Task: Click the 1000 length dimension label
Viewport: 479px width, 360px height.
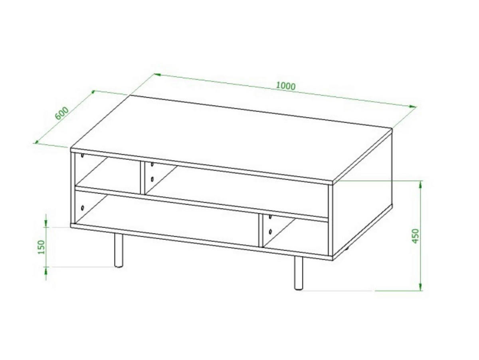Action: [x=285, y=86]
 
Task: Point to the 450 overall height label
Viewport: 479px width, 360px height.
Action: [x=416, y=236]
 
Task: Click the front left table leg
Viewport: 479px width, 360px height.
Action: [x=118, y=250]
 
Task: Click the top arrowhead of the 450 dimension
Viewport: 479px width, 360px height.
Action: [x=421, y=183]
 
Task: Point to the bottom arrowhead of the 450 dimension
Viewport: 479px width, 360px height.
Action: [x=421, y=287]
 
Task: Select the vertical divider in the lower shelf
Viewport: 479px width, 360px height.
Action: [x=261, y=231]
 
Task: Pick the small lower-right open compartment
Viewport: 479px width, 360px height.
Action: [x=295, y=236]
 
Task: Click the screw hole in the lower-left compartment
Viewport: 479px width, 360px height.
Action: [x=83, y=208]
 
